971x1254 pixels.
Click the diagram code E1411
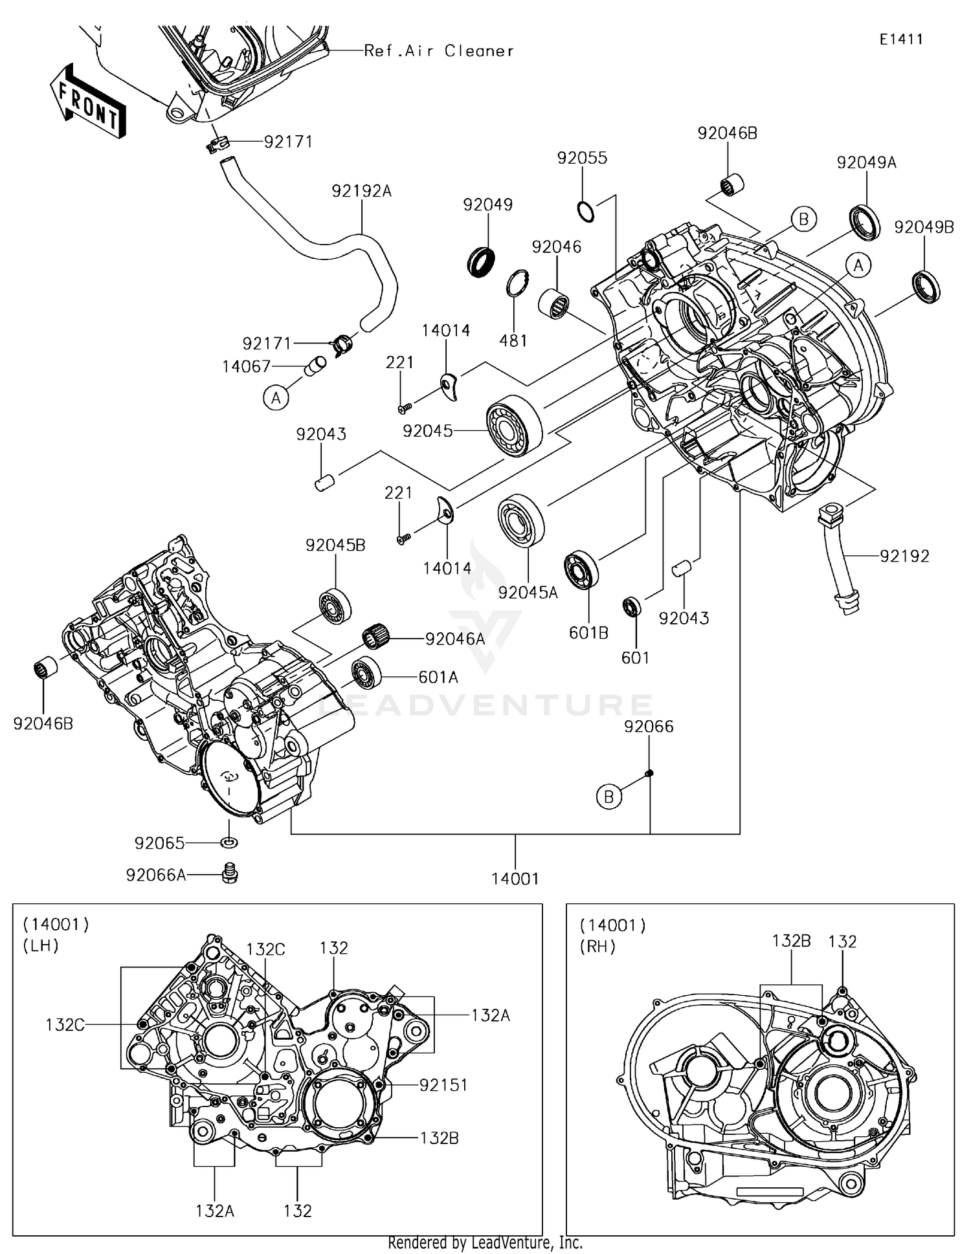click(x=901, y=39)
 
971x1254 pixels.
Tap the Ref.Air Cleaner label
click(x=439, y=50)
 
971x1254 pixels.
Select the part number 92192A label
click(x=361, y=192)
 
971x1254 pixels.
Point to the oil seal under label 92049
click(x=481, y=261)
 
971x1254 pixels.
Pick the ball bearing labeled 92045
click(x=515, y=425)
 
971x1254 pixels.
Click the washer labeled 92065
click(x=229, y=842)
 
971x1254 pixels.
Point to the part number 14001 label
click(x=515, y=879)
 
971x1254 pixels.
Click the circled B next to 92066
click(x=608, y=797)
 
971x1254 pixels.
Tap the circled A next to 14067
click(x=276, y=399)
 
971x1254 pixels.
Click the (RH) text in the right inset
click(x=597, y=947)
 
